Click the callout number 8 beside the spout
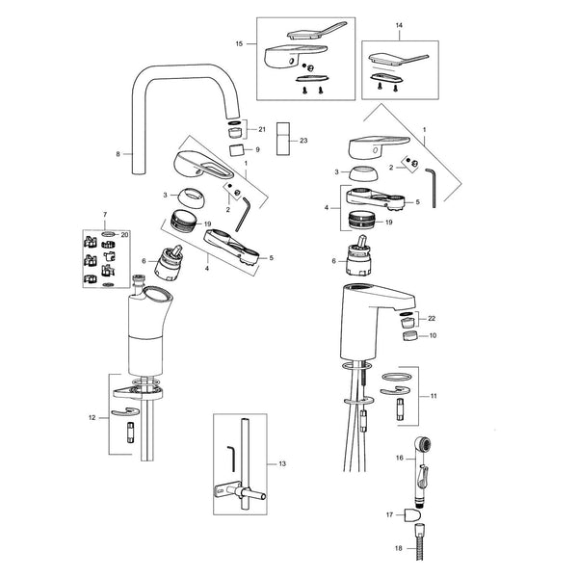pos(118,154)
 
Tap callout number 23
pos(303,141)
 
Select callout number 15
pos(239,44)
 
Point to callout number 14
pos(399,25)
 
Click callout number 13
pos(282,463)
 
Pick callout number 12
pos(92,418)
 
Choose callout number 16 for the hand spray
pos(400,458)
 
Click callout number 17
pos(389,514)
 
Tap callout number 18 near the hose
pos(399,548)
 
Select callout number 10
pos(433,335)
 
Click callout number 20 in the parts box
pos(125,234)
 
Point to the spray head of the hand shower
pos(423,444)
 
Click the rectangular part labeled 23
pos(282,139)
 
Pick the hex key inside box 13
pos(231,459)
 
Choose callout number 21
pos(262,129)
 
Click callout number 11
pos(433,396)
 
